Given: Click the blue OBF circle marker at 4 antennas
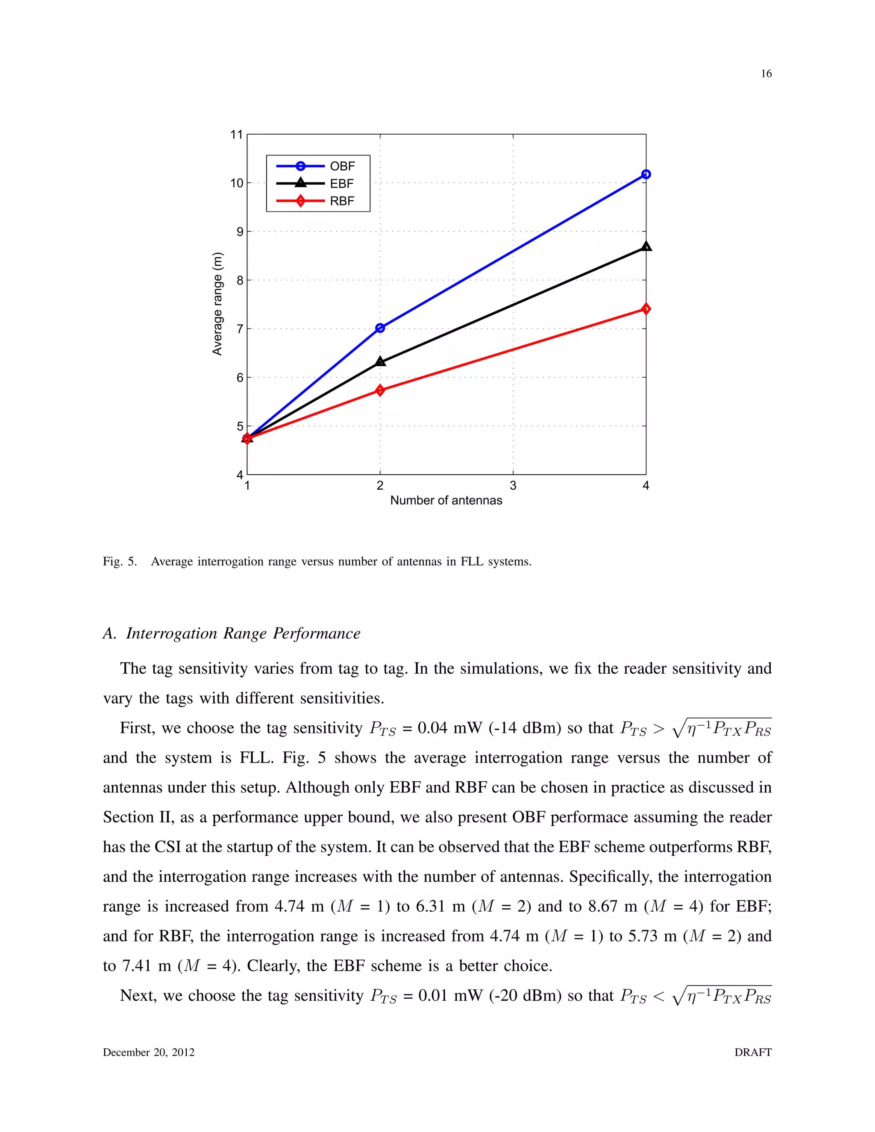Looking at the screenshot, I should [x=646, y=175].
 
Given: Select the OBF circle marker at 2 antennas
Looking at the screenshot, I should [x=380, y=328].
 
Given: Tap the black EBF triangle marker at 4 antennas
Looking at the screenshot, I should [x=646, y=247].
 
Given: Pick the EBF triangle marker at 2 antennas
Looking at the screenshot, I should [x=380, y=361].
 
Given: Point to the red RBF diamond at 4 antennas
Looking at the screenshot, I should [x=646, y=309].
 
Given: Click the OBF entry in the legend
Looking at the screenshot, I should [x=342, y=166].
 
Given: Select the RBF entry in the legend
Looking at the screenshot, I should [x=342, y=201].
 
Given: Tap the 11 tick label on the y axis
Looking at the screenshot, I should [x=236, y=135].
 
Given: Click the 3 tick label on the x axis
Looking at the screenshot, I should [x=513, y=486].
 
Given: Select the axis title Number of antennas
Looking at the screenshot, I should [x=446, y=501].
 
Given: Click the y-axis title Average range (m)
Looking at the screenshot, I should [x=217, y=304].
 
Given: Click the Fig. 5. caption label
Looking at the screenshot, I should [x=120, y=561].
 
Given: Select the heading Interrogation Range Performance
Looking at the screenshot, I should [x=243, y=633].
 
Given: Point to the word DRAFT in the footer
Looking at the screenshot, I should [x=753, y=1052].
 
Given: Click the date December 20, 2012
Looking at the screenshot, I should [x=149, y=1052].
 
